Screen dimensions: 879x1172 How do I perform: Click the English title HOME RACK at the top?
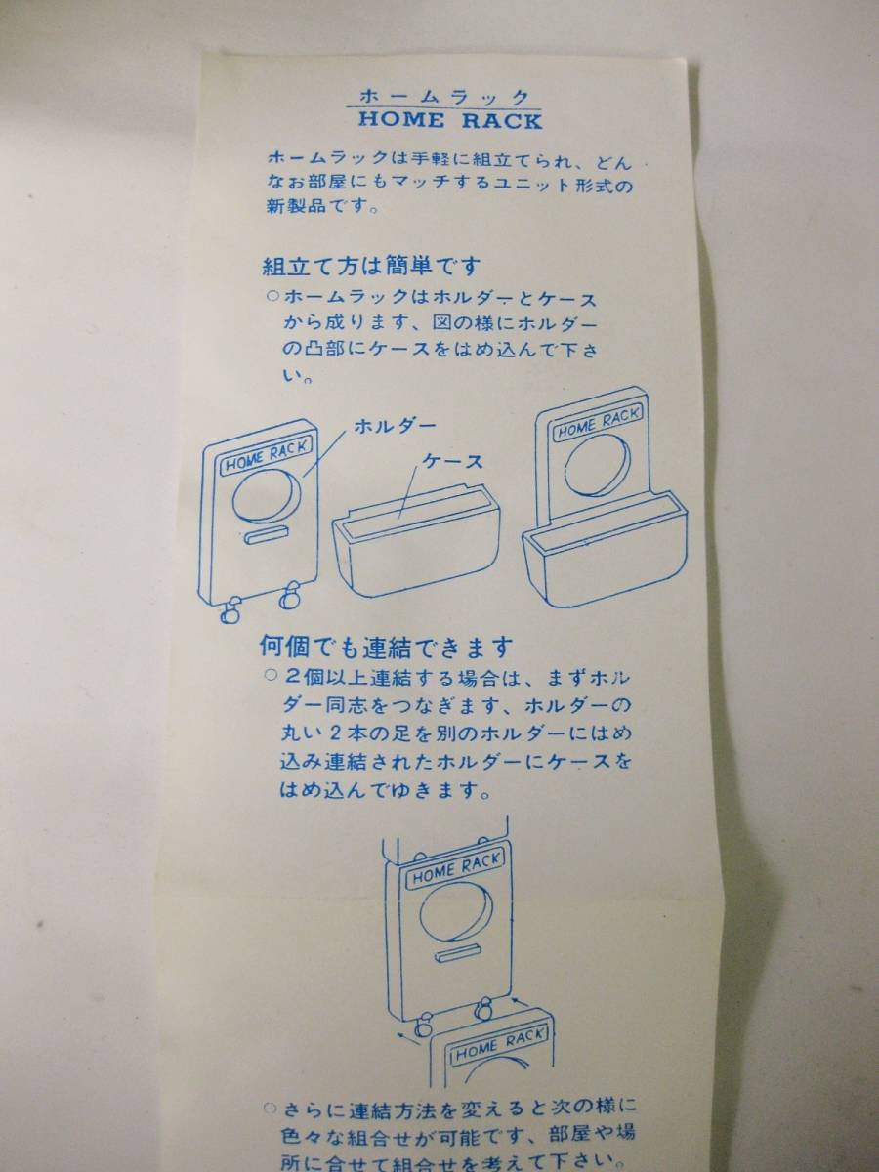(x=450, y=121)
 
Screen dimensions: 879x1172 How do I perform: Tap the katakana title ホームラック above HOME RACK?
(x=444, y=96)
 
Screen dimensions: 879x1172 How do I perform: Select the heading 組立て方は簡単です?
(x=371, y=266)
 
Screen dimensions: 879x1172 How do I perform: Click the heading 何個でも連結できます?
(x=386, y=648)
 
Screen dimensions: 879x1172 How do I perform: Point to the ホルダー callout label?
(x=395, y=426)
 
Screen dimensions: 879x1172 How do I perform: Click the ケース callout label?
(x=453, y=461)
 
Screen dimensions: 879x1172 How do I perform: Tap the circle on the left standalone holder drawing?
(x=267, y=495)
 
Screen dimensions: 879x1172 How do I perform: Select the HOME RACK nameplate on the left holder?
(x=267, y=457)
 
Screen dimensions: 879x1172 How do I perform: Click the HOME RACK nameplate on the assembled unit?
(x=599, y=423)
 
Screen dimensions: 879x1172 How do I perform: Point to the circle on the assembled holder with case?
(x=598, y=468)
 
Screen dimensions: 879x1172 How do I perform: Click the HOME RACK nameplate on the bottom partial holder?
(x=500, y=1043)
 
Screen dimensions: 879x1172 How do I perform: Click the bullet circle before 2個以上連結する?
(x=271, y=676)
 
